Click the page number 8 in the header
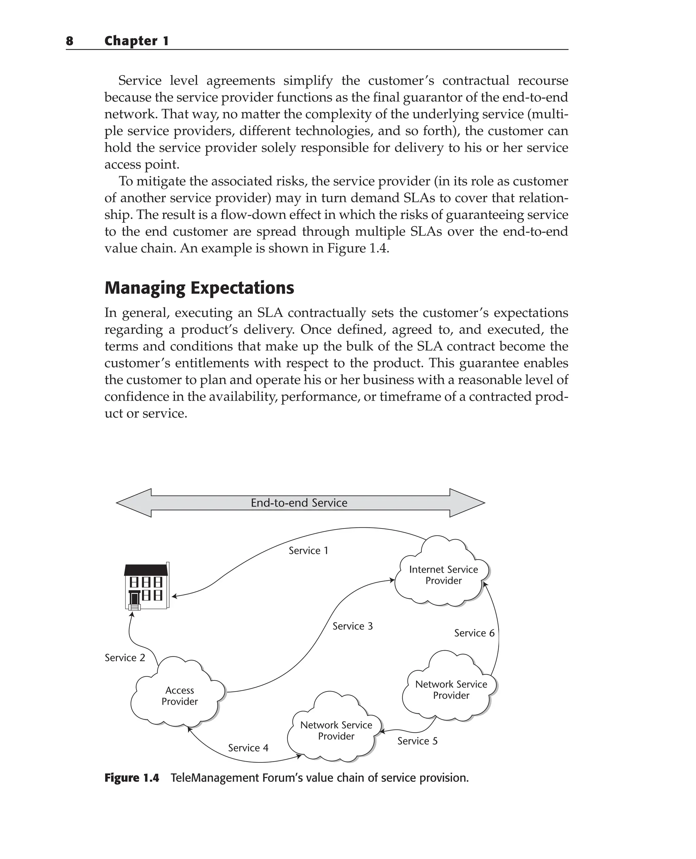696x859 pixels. (69, 41)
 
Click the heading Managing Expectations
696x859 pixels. (199, 288)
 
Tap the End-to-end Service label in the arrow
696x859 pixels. (299, 503)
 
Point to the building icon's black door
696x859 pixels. (135, 599)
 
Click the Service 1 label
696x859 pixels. (308, 551)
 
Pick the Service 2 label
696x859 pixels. (125, 658)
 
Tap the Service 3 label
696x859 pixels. (352, 626)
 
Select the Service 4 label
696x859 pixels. (248, 748)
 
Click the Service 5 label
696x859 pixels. (417, 741)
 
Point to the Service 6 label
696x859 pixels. (474, 633)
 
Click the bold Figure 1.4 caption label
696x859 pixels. (132, 778)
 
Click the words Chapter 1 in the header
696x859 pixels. (136, 41)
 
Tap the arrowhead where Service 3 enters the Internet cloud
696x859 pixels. (392, 580)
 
